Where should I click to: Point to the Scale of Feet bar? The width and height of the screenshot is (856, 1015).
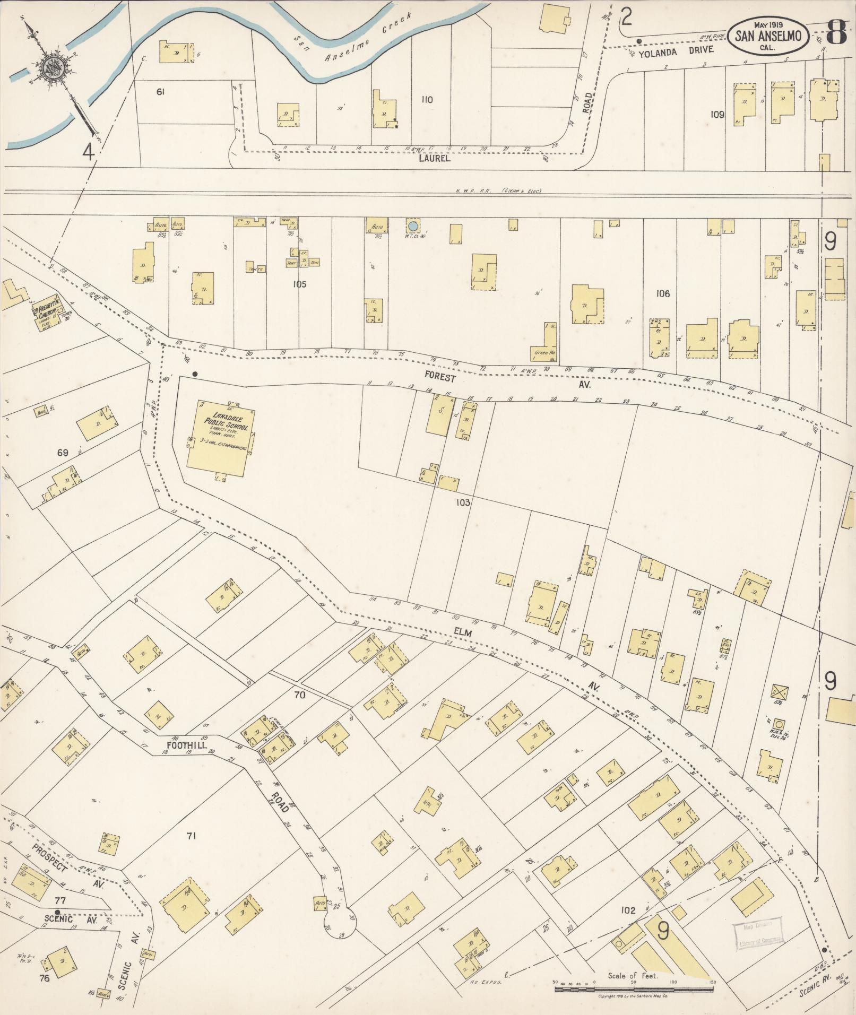coord(634,990)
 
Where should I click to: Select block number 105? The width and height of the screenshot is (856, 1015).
coord(299,284)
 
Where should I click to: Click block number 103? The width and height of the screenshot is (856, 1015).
coord(463,502)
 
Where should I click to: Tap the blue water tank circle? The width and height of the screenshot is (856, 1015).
coord(412,227)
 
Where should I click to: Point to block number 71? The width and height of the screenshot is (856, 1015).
coord(192,836)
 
